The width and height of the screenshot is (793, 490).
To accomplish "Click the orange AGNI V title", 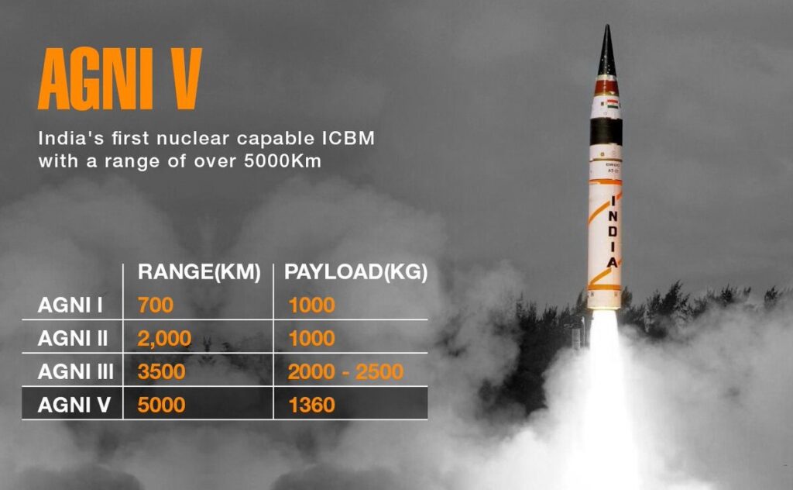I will (x=120, y=81).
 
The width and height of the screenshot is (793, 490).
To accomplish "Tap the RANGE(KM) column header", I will (x=198, y=272).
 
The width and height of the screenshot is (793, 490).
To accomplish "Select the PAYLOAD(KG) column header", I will (x=355, y=272).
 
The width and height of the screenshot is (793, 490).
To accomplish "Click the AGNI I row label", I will (x=70, y=305).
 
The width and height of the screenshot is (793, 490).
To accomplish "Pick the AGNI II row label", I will (x=73, y=339).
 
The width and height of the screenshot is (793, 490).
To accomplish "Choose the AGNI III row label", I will (x=75, y=372).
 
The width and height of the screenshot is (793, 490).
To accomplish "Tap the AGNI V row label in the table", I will (x=73, y=405).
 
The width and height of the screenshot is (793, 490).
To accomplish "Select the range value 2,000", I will (x=163, y=339).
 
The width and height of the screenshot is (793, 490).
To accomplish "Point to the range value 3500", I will (x=161, y=372).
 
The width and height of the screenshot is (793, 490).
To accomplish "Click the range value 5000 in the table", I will (x=161, y=405).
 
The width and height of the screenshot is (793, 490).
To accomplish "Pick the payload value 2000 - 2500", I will (x=345, y=372).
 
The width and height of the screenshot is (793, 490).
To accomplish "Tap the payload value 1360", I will (x=311, y=405).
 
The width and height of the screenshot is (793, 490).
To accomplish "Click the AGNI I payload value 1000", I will (x=311, y=305).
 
